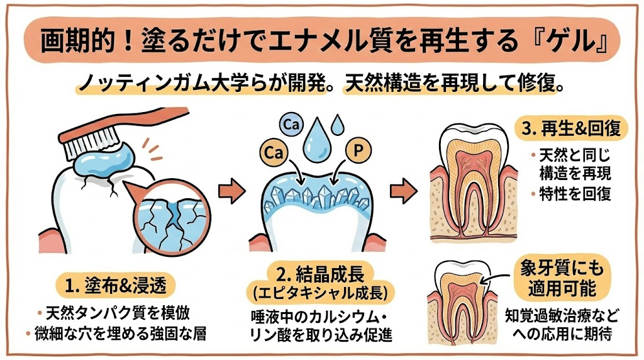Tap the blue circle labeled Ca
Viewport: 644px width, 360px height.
click(x=291, y=124)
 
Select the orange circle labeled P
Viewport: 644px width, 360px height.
click(x=358, y=151)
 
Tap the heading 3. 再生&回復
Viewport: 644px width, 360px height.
click(x=571, y=129)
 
